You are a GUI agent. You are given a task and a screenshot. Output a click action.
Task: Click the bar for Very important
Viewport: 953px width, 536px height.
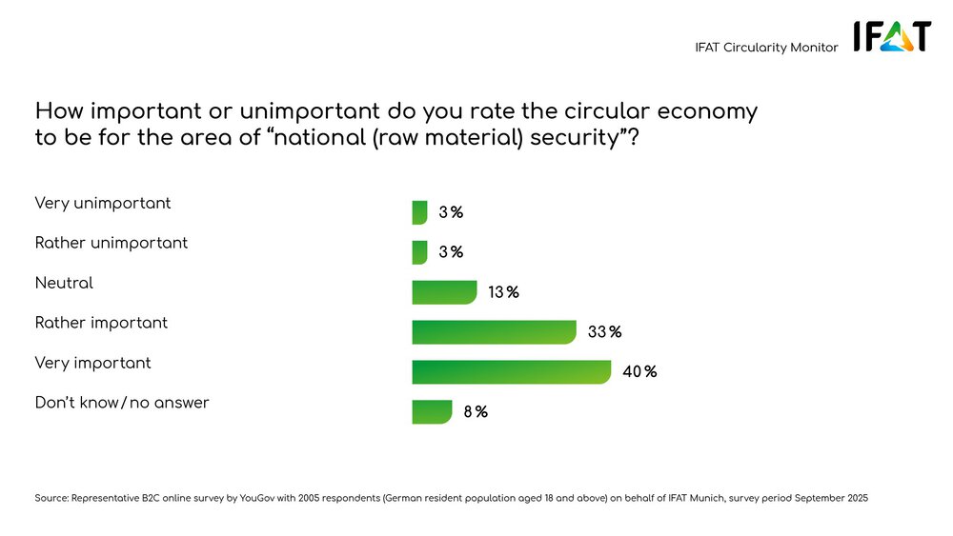(x=511, y=372)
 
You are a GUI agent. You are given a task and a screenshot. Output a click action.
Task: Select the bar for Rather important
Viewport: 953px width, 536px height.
(x=494, y=332)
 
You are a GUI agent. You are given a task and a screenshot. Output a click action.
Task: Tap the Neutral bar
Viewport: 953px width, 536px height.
(x=444, y=292)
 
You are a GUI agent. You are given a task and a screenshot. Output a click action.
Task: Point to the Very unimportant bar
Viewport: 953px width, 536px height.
(x=419, y=212)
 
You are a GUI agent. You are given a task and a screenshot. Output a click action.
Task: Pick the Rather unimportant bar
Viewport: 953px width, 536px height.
(x=419, y=252)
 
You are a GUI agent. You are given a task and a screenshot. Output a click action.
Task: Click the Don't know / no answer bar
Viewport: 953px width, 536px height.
(x=432, y=412)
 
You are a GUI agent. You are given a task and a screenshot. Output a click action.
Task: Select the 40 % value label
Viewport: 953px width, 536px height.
(x=639, y=372)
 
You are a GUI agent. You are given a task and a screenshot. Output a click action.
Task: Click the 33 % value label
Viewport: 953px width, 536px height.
(x=604, y=332)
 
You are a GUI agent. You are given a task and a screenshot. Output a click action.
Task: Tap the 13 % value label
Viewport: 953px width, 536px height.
(x=503, y=292)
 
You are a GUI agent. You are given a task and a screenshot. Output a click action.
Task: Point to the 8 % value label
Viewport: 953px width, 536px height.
(x=476, y=412)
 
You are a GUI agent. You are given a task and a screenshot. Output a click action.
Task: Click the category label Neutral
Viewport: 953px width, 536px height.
(x=64, y=283)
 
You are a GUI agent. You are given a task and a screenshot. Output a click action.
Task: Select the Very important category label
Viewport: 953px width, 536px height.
(x=92, y=363)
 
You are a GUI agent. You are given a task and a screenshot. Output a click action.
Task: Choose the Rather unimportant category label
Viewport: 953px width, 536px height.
(x=112, y=243)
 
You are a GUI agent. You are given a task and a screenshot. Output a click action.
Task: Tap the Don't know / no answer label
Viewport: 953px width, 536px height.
(x=122, y=403)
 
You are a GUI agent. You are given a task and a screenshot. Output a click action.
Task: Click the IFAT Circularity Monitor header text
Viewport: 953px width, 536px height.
(x=766, y=48)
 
